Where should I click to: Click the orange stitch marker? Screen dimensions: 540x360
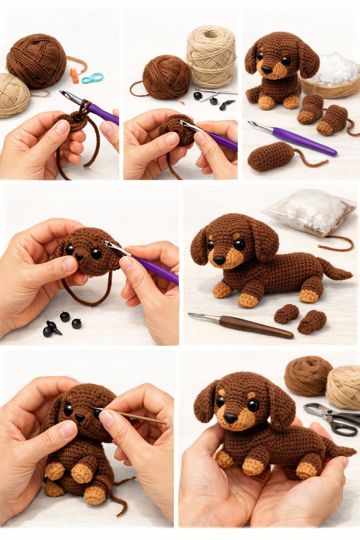click(x=75, y=76)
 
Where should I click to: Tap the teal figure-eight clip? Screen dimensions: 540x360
click(x=92, y=78)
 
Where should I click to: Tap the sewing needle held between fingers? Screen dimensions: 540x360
click(x=130, y=416)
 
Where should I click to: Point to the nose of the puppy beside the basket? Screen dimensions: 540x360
click(x=266, y=70)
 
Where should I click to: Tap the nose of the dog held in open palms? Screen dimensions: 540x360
click(x=230, y=418)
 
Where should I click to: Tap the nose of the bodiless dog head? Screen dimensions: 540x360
click(x=79, y=257)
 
